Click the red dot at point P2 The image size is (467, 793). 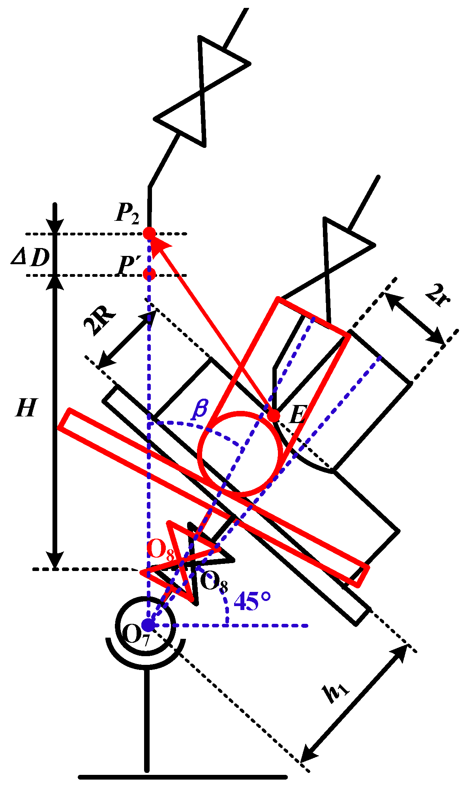149,233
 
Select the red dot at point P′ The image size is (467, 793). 149,273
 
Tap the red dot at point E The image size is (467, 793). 273,415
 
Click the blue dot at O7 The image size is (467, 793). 148,625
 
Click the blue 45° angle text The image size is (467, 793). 252,601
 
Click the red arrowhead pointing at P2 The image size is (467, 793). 160,244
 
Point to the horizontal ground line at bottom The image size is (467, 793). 183,777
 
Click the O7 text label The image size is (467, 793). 136,636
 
